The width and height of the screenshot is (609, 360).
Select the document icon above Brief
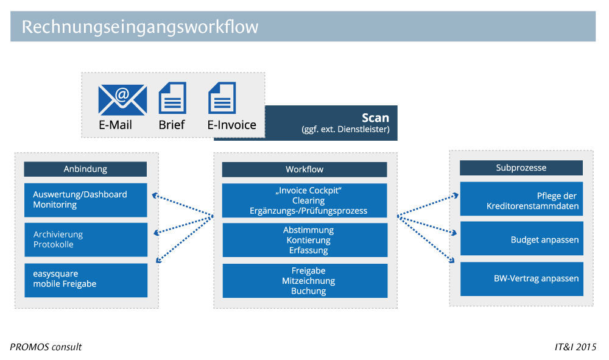pyautogui.click(x=172, y=98)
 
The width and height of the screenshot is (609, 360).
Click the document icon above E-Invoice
pyautogui.click(x=222, y=98)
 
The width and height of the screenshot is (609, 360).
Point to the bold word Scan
pyautogui.click(x=375, y=118)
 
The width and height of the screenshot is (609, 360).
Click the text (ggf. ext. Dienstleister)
pyautogui.click(x=345, y=130)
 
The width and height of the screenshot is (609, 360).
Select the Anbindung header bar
pyautogui.click(x=85, y=169)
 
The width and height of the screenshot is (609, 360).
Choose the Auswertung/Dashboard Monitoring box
pyautogui.click(x=85, y=200)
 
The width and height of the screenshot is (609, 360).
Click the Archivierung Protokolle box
pyautogui.click(x=85, y=239)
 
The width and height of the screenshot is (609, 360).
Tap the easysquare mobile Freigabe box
pyautogui.click(x=85, y=280)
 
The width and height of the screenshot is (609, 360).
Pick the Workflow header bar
pyautogui.click(x=304, y=169)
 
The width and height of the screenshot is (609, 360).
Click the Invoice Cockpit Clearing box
pyautogui.click(x=304, y=200)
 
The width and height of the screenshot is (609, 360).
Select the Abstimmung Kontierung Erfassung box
pyautogui.click(x=304, y=240)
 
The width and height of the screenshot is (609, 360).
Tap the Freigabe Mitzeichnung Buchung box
pyautogui.click(x=304, y=281)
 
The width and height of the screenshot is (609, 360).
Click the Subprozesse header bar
pyautogui.click(x=521, y=168)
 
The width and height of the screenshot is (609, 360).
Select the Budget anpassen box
pyautogui.click(x=521, y=239)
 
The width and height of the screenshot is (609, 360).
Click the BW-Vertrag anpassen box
pyautogui.click(x=521, y=278)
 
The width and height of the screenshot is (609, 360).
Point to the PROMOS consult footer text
pyautogui.click(x=46, y=347)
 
